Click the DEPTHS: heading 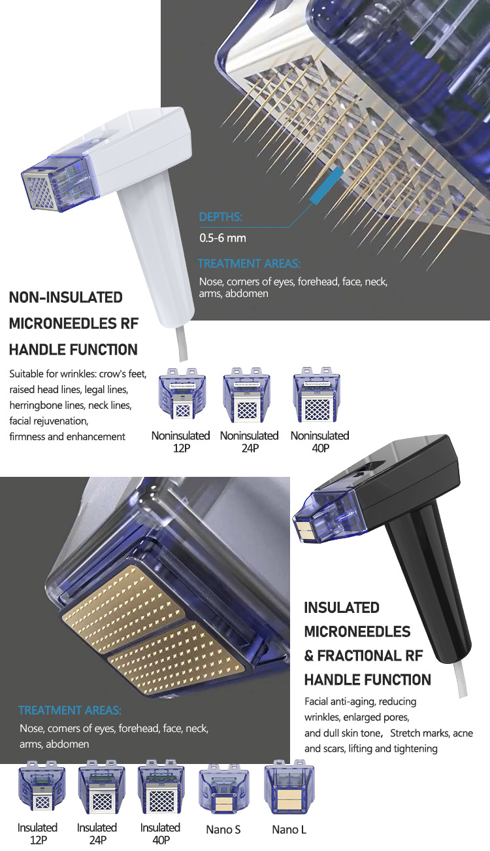(220, 217)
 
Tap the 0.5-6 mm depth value (222, 238)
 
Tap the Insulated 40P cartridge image (160, 788)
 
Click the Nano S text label (223, 829)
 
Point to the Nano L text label (289, 829)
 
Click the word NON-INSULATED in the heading (65, 298)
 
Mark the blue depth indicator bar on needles (326, 186)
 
